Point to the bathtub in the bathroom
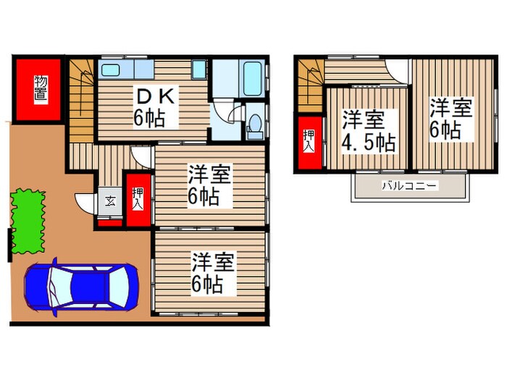[252, 80]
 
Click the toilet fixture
[253, 127]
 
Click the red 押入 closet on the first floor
[138, 199]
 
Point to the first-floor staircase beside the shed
[82, 101]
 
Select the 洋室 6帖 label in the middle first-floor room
[210, 186]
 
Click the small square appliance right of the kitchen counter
[199, 70]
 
